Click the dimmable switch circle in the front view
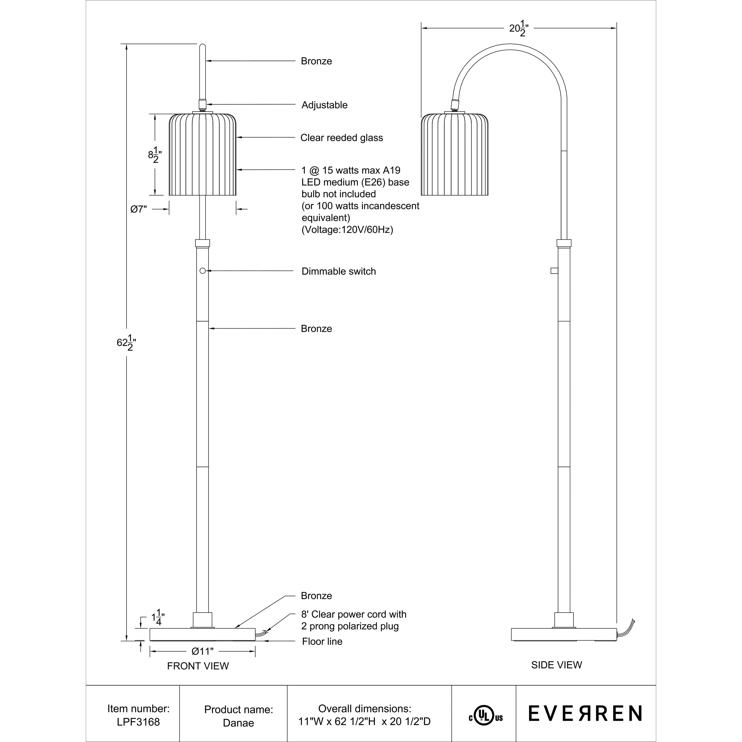(x=202, y=271)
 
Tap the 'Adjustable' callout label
(x=324, y=105)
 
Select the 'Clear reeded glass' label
(x=341, y=138)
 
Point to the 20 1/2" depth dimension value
(x=518, y=29)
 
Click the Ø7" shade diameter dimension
(x=139, y=209)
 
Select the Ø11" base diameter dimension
(x=202, y=651)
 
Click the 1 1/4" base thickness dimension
(x=158, y=618)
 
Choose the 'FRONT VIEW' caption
(x=198, y=666)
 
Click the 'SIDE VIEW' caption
(x=556, y=665)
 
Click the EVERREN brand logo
(x=585, y=714)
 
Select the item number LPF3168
(x=138, y=722)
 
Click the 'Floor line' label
(x=322, y=641)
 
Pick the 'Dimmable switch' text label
(x=338, y=271)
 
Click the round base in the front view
(x=202, y=634)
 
